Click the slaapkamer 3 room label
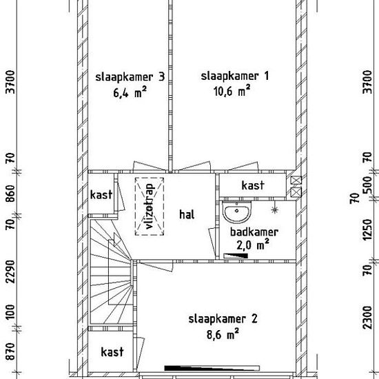point(130,77)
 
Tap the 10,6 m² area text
point(232,91)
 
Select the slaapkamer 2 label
point(223,319)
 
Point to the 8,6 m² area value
point(223,334)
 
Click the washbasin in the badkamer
point(236,212)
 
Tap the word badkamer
point(254,232)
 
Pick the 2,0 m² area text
point(253,245)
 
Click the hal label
point(187,214)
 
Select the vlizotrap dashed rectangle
point(150,207)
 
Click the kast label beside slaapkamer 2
point(112,352)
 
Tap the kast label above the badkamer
point(253,185)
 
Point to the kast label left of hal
point(101,195)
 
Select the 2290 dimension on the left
point(11,272)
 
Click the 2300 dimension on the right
point(368,318)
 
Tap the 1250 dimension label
point(368,229)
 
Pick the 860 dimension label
point(11,194)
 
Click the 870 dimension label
point(11,351)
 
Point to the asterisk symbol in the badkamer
point(274,209)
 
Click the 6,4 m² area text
point(130,92)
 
